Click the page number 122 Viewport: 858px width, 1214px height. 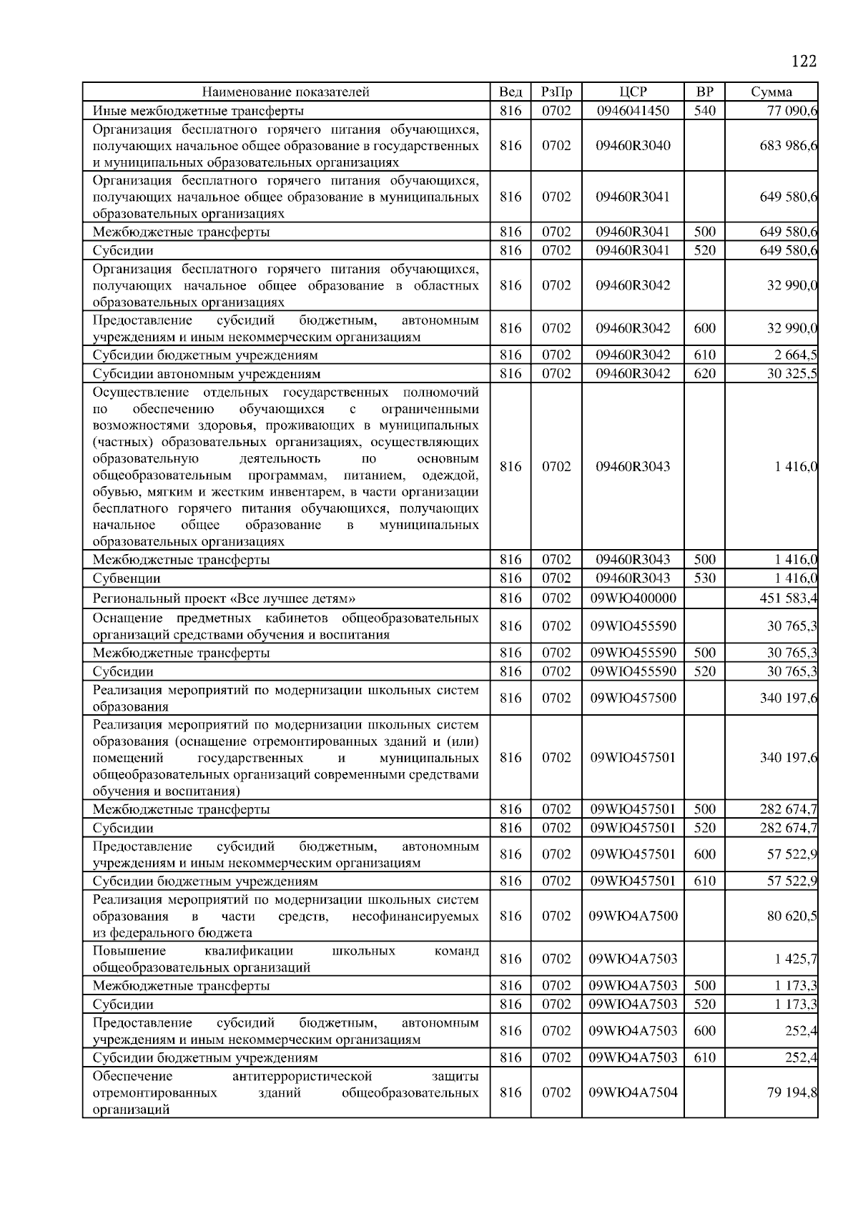804,61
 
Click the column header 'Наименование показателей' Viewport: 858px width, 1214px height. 285,92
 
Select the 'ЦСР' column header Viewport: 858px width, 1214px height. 633,92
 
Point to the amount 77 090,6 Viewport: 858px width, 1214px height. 792,111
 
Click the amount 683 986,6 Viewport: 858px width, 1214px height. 789,145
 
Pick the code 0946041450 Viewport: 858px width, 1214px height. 633,111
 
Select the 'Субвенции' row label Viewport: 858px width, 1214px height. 127,578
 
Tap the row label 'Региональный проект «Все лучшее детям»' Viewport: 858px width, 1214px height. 224,598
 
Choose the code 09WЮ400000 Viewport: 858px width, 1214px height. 633,598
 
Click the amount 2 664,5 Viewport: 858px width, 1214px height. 792,355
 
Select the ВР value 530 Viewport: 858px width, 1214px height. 704,578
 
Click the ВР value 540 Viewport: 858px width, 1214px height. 704,111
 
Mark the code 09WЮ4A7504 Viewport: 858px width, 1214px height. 633,1092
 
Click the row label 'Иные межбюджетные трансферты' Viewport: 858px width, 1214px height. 198,111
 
